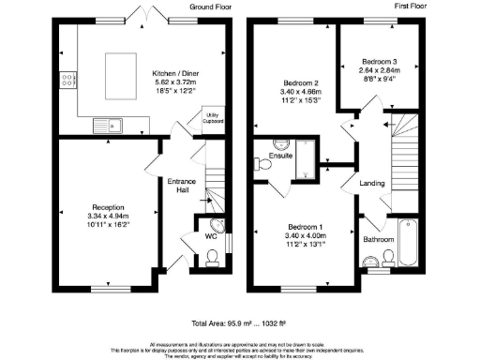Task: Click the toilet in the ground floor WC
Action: [209, 252]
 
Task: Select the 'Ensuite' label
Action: [279, 155]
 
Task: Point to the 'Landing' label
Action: [373, 183]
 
